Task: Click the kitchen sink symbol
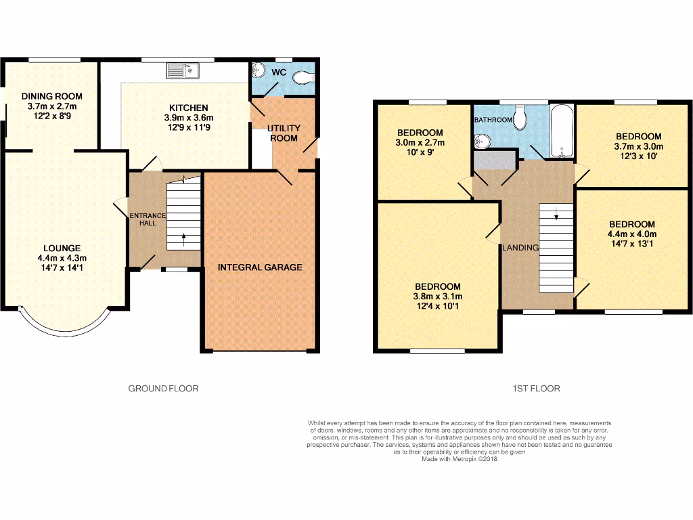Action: tap(181, 70)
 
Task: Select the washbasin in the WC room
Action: tap(258, 70)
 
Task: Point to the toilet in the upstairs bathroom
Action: tap(520, 118)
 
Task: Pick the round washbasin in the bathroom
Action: tap(482, 142)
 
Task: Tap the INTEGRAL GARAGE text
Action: tap(260, 267)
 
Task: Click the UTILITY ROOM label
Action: tap(283, 133)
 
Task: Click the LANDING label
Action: tap(520, 248)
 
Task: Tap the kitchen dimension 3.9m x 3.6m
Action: tap(189, 117)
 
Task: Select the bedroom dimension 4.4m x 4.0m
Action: tap(631, 234)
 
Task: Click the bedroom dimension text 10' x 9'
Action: tap(420, 152)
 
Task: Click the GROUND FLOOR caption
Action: tap(163, 389)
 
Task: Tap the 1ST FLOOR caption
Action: tap(537, 389)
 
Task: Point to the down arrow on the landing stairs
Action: tap(556, 217)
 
